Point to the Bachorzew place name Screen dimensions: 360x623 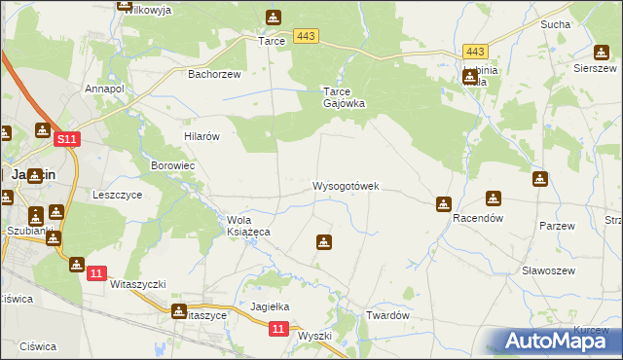pyautogui.click(x=213, y=73)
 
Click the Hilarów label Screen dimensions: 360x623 pyautogui.click(x=202, y=137)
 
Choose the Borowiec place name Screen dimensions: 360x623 pyautogui.click(x=173, y=166)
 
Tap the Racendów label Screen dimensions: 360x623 pyautogui.click(x=477, y=219)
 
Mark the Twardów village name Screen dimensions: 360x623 pyautogui.click(x=387, y=315)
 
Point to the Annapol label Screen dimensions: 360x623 pyautogui.click(x=106, y=89)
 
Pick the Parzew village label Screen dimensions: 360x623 pyautogui.click(x=558, y=226)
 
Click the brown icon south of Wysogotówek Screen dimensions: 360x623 pyautogui.click(x=324, y=242)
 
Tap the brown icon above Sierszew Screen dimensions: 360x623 pyautogui.click(x=601, y=52)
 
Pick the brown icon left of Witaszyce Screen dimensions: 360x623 pyautogui.click(x=179, y=311)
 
